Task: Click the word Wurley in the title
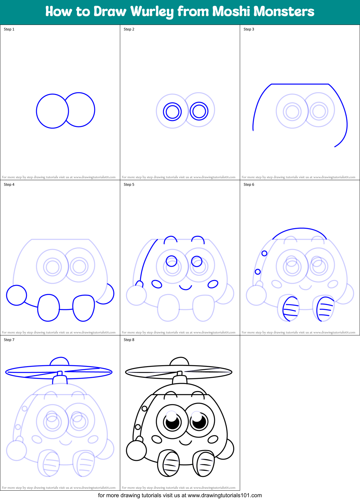click(152, 12)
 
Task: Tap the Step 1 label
click(9, 29)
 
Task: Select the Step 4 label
click(9, 185)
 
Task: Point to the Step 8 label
click(129, 340)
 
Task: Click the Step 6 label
click(249, 185)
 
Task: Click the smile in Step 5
click(185, 287)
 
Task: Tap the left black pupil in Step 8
click(172, 423)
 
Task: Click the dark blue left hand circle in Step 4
click(17, 295)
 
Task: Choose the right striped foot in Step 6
click(324, 309)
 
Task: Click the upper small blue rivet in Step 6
click(264, 253)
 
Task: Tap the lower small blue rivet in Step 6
click(258, 272)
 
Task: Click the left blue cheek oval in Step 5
click(157, 284)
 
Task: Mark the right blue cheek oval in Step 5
click(213, 284)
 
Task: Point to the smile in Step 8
click(185, 442)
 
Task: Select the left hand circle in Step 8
click(136, 451)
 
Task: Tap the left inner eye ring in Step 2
click(172, 111)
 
